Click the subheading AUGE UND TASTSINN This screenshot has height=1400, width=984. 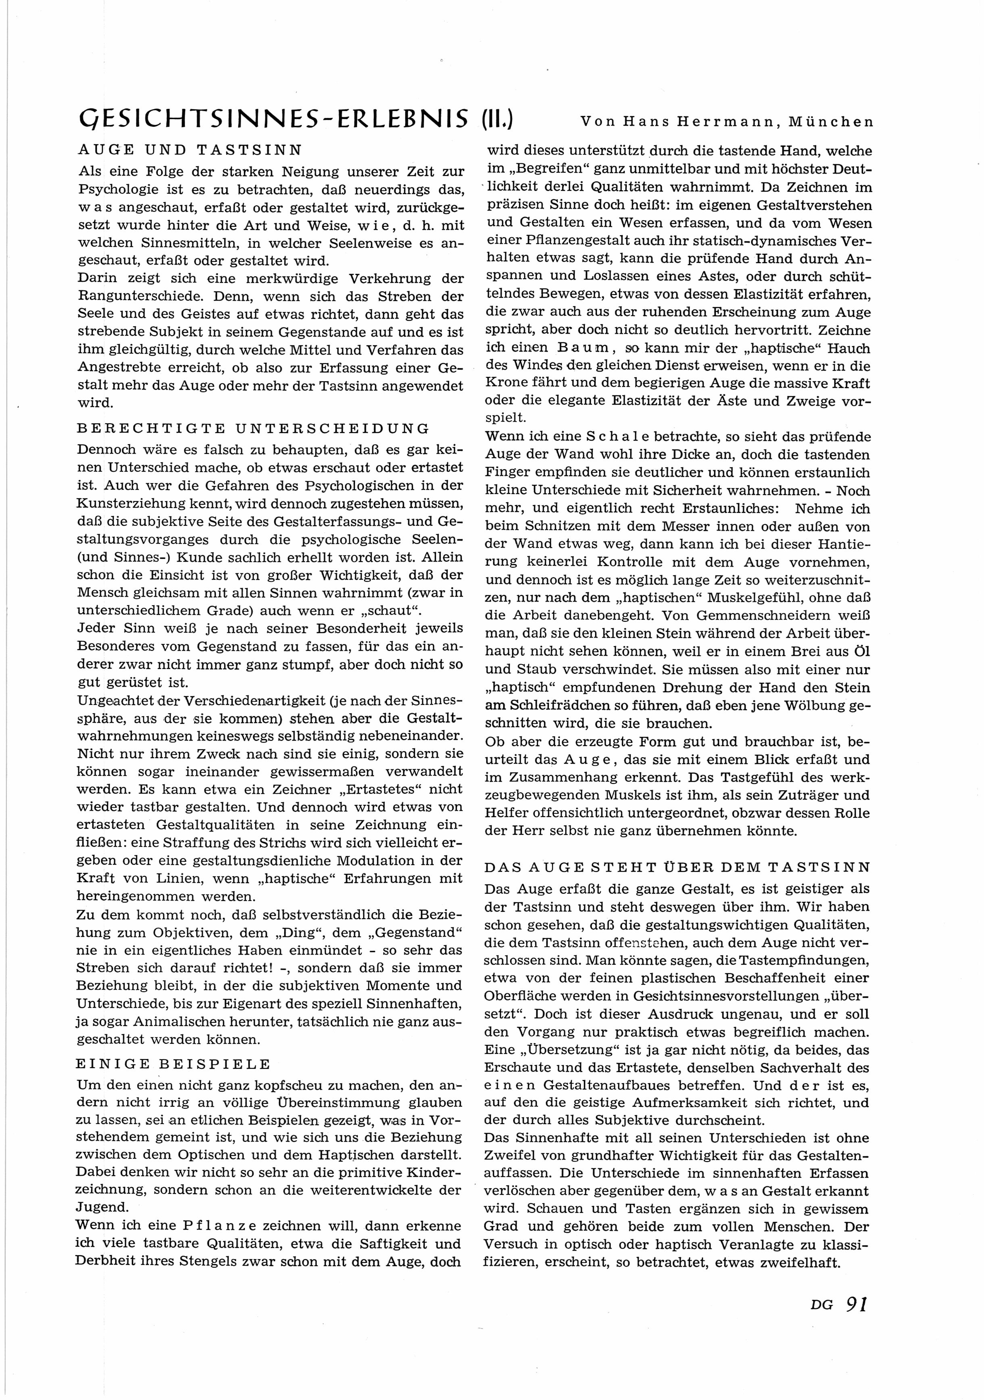click(x=191, y=150)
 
